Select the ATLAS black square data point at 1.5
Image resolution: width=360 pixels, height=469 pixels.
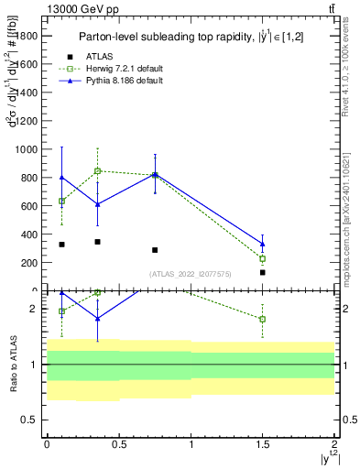click(263, 272)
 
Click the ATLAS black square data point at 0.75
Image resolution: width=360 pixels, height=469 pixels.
click(155, 250)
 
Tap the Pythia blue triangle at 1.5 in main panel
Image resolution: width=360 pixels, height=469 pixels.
click(263, 244)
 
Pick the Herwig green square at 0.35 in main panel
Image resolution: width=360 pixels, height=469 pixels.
click(97, 170)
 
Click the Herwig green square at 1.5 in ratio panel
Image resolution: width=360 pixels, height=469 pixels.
click(263, 319)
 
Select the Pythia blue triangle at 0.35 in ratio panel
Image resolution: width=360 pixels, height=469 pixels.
click(97, 318)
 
